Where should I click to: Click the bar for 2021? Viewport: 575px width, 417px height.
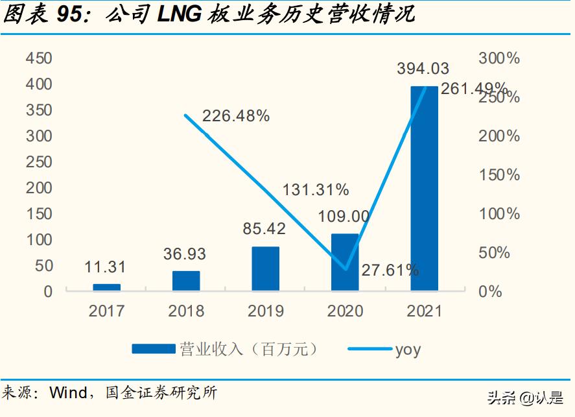(424, 188)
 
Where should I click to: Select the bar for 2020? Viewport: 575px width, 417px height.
(345, 262)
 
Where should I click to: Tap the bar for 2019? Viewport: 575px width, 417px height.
(265, 268)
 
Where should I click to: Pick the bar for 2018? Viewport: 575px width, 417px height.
(186, 281)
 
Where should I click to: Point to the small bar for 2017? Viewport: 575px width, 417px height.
(106, 287)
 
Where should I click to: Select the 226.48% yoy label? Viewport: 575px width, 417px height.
(236, 116)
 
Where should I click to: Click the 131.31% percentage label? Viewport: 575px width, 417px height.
(315, 189)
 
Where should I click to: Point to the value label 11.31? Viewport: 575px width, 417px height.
(105, 267)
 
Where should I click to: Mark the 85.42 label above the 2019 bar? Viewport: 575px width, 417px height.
(265, 229)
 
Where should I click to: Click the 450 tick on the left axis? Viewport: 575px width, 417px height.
(39, 58)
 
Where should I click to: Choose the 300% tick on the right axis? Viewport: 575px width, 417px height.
(499, 58)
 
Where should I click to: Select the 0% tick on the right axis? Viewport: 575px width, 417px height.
(490, 291)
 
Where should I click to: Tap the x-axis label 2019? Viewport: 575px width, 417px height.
(265, 311)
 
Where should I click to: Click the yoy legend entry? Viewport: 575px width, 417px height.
(408, 350)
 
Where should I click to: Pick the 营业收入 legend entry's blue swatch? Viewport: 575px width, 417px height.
(153, 349)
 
